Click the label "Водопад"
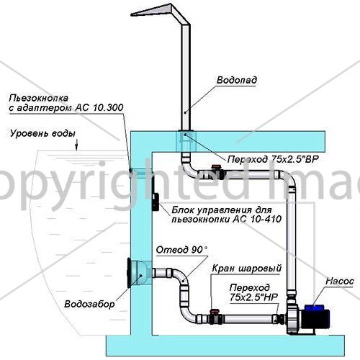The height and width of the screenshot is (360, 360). (237, 80)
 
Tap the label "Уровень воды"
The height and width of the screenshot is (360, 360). (42, 133)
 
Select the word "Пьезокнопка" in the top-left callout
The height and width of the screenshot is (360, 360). (39, 98)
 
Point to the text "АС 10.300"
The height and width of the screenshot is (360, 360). (99, 107)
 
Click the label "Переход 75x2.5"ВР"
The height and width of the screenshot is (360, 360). (273, 159)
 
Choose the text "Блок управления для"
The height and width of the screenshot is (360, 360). (222, 210)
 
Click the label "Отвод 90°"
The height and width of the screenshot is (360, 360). (181, 250)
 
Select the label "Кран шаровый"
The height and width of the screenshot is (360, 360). (246, 269)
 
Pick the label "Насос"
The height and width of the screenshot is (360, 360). (340, 281)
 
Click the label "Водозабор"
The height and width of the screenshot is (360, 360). (89, 304)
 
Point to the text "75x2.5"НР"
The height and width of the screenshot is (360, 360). (253, 297)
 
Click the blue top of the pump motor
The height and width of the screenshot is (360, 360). (314, 307)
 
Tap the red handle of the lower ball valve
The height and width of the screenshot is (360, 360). (215, 311)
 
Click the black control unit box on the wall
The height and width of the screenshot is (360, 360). (156, 202)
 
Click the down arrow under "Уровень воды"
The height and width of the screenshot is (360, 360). (76, 145)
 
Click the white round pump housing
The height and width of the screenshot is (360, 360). (294, 316)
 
